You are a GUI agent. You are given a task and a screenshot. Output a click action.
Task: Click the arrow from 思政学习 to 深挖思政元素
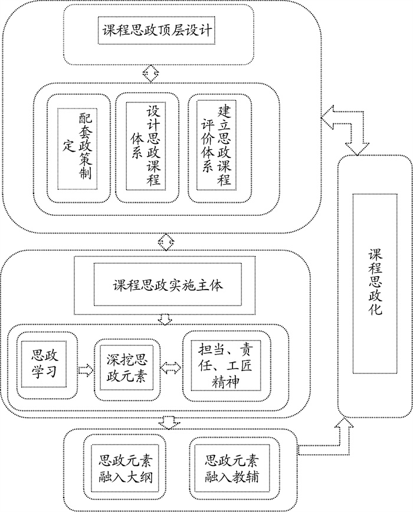[x=86, y=370]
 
